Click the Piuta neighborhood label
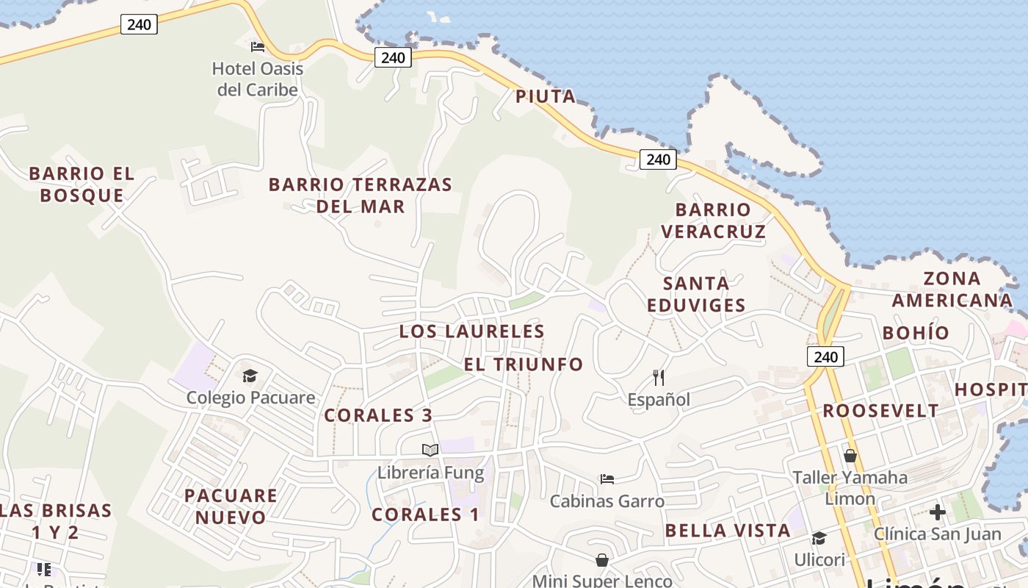(545, 97)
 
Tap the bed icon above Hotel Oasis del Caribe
(257, 47)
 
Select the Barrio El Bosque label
(82, 184)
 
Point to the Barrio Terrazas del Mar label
(360, 195)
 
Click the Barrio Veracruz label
(713, 220)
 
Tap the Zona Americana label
(952, 289)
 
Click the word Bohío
(916, 333)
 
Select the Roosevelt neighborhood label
(880, 411)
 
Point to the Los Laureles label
(471, 331)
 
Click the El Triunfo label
(524, 365)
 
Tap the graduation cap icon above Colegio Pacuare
(250, 376)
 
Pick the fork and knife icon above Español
(659, 378)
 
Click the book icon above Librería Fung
(430, 450)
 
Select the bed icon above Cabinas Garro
(607, 479)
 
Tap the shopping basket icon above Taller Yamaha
(850, 456)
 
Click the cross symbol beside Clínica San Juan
(937, 512)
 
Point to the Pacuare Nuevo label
(231, 506)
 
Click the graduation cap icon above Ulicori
(819, 539)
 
